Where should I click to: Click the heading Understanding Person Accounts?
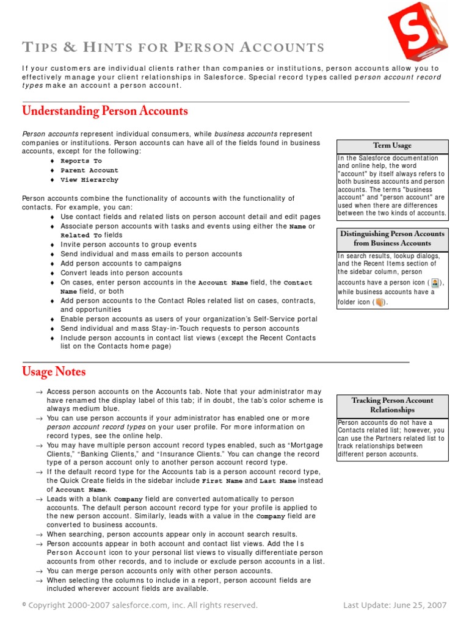105,111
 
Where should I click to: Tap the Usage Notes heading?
54,372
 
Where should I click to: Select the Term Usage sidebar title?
392,146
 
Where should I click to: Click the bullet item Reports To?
81,161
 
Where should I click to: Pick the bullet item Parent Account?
89,170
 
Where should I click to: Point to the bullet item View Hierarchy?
89,180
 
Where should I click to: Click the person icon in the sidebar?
435,283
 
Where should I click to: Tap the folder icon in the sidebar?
378,302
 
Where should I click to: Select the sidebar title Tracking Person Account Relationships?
392,405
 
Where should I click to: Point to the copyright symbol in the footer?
24,605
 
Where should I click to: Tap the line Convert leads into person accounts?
121,273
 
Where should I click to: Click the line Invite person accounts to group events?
128,244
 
